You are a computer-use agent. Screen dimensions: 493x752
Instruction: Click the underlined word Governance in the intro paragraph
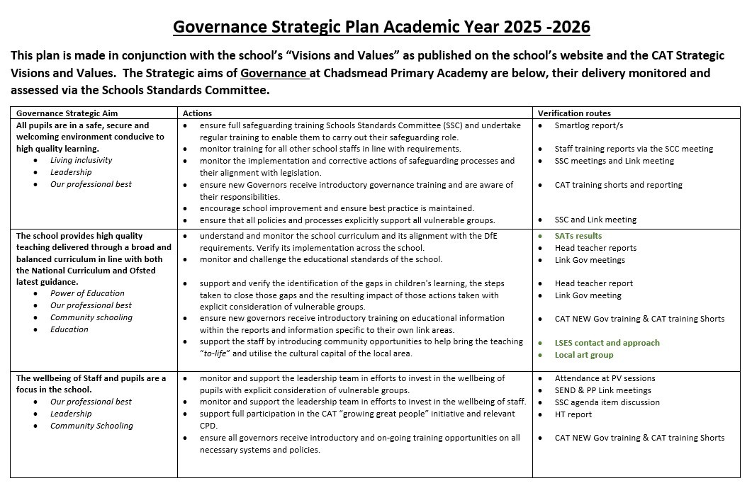click(274, 73)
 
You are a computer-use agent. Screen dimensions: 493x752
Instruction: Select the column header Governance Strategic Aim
click(67, 113)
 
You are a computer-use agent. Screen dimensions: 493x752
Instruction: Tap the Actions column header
click(197, 113)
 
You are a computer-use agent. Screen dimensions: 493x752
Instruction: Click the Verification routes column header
click(574, 113)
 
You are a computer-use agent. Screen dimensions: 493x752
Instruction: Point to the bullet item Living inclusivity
click(81, 160)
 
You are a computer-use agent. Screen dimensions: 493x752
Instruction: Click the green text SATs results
click(578, 236)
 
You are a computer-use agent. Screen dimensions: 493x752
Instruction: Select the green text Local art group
click(584, 355)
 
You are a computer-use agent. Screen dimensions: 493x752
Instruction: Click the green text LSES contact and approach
click(607, 343)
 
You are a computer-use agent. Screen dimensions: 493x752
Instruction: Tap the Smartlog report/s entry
click(589, 125)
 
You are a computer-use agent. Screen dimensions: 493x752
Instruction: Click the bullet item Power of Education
click(87, 293)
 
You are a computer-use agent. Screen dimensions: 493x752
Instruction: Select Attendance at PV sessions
click(605, 378)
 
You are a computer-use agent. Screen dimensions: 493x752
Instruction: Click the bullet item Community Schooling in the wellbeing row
click(91, 426)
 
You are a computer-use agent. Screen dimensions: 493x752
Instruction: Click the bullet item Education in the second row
click(69, 329)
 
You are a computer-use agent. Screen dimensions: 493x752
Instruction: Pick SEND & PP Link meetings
click(602, 390)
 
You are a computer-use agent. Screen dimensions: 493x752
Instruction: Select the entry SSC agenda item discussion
click(607, 402)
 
